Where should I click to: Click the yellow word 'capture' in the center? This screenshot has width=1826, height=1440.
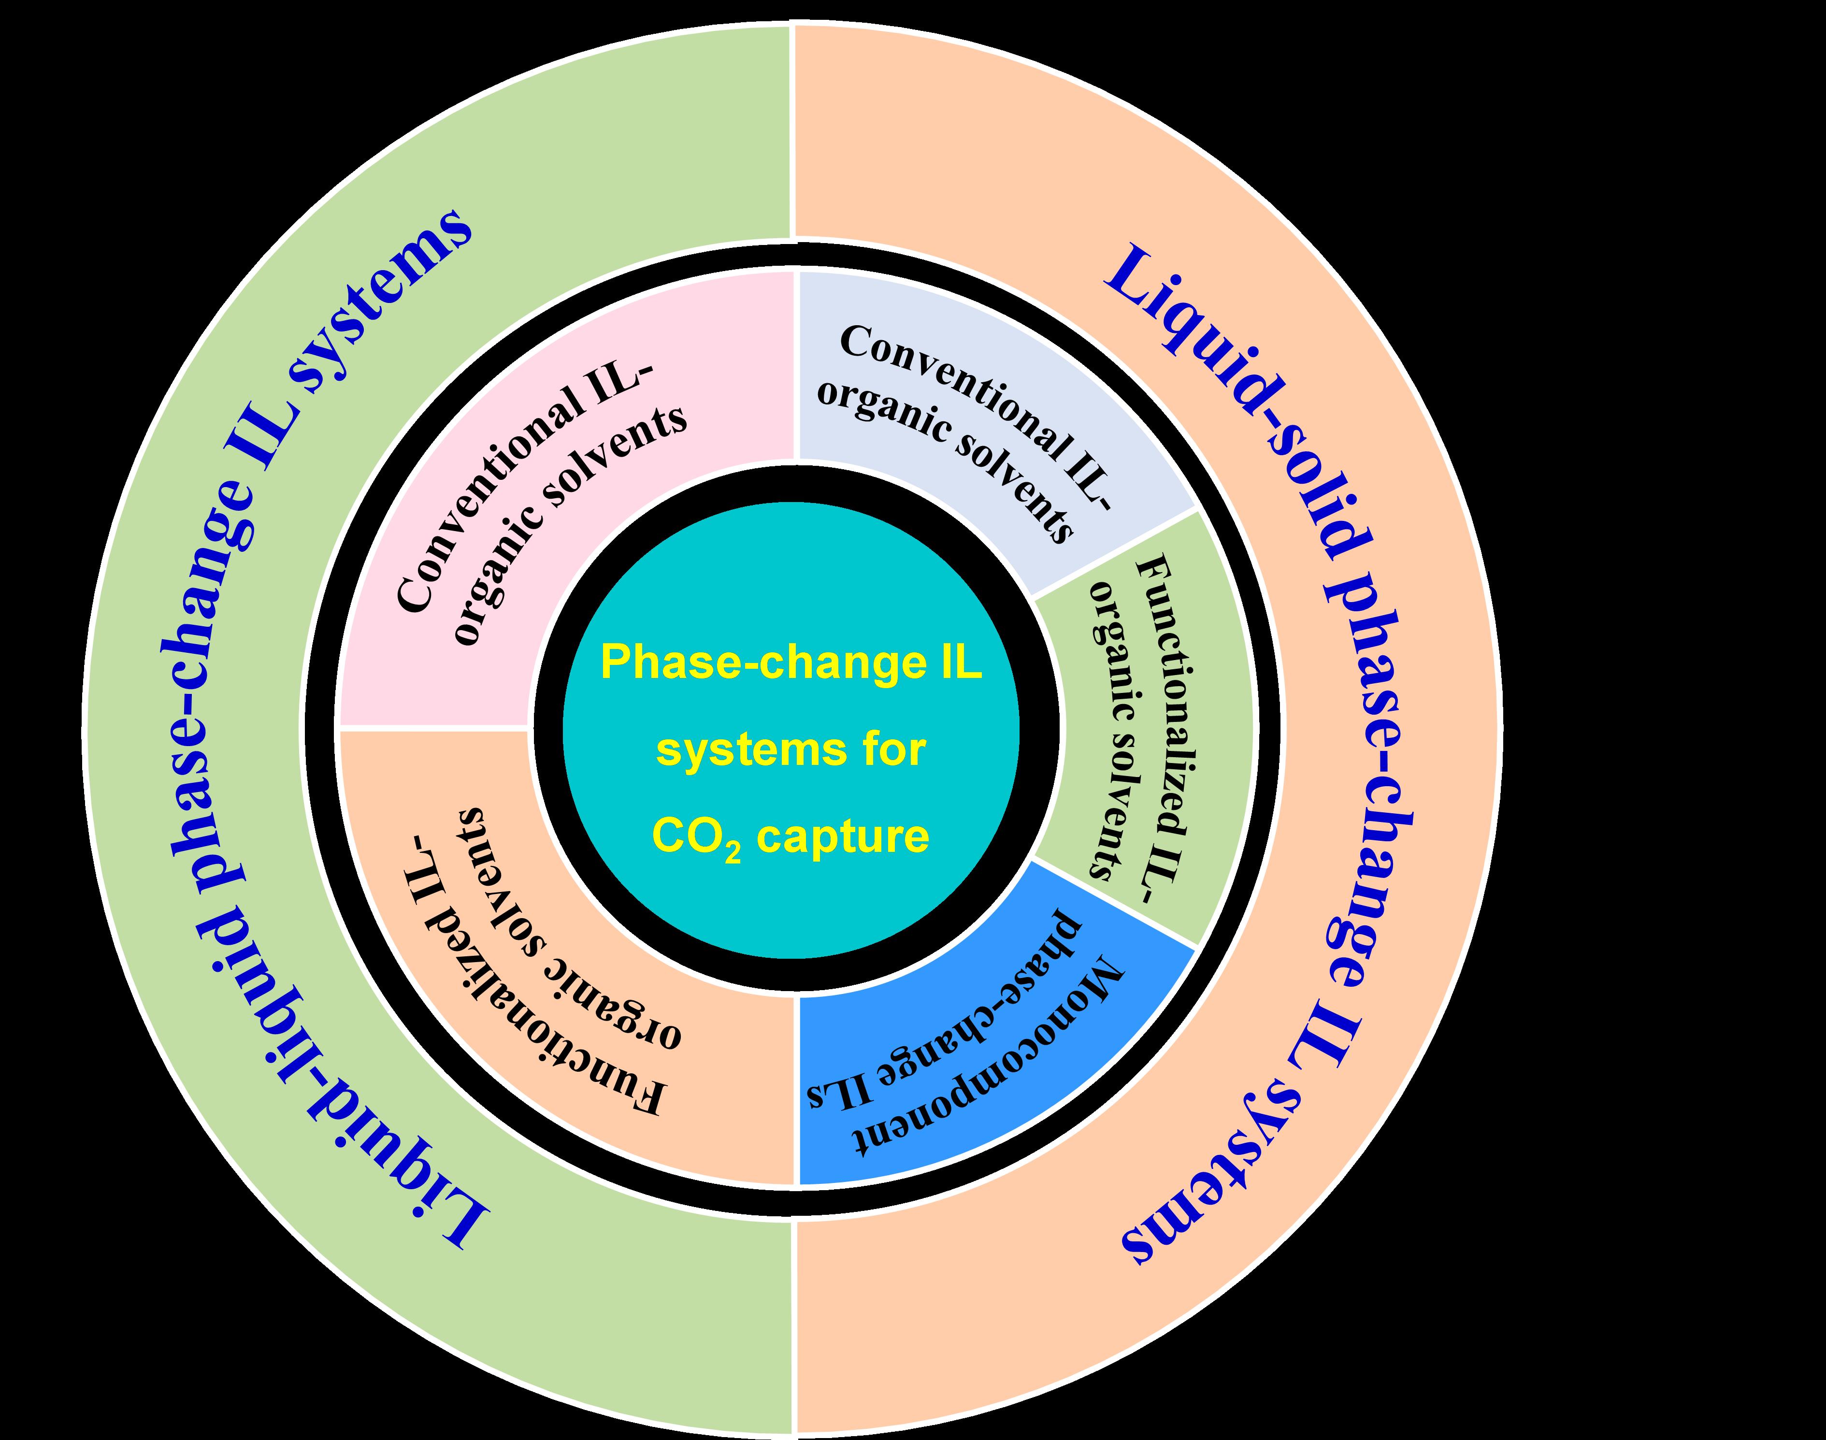pos(843,836)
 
